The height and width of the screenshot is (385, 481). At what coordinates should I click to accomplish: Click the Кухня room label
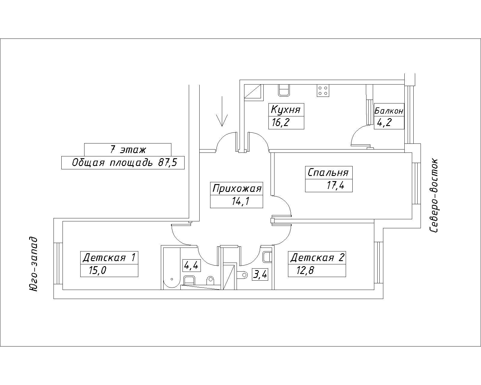click(x=286, y=109)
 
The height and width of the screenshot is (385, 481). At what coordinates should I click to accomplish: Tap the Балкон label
click(x=389, y=111)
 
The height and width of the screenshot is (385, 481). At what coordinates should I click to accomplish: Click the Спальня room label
click(x=328, y=173)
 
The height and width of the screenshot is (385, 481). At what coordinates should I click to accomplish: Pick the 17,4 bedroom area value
click(x=335, y=185)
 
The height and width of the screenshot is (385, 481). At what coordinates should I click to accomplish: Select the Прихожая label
click(x=237, y=189)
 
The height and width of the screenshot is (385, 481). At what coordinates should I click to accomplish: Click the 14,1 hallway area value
click(x=240, y=201)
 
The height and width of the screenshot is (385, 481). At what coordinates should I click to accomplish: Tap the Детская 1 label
click(x=109, y=257)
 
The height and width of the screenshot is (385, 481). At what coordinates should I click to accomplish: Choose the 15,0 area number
click(x=97, y=270)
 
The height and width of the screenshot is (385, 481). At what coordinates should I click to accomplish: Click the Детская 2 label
click(x=317, y=258)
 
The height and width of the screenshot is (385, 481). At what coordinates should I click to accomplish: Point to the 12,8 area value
click(x=305, y=271)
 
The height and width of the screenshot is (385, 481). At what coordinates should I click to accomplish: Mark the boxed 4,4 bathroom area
click(x=192, y=265)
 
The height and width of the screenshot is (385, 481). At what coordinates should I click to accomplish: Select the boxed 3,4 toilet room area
click(x=260, y=275)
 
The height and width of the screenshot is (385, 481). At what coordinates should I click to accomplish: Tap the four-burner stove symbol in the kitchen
click(x=323, y=91)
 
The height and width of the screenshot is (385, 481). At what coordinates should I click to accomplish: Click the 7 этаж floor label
click(x=128, y=149)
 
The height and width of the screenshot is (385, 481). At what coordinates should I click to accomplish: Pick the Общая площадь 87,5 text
click(x=123, y=163)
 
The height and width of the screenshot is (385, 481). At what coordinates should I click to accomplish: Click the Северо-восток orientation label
click(x=434, y=196)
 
